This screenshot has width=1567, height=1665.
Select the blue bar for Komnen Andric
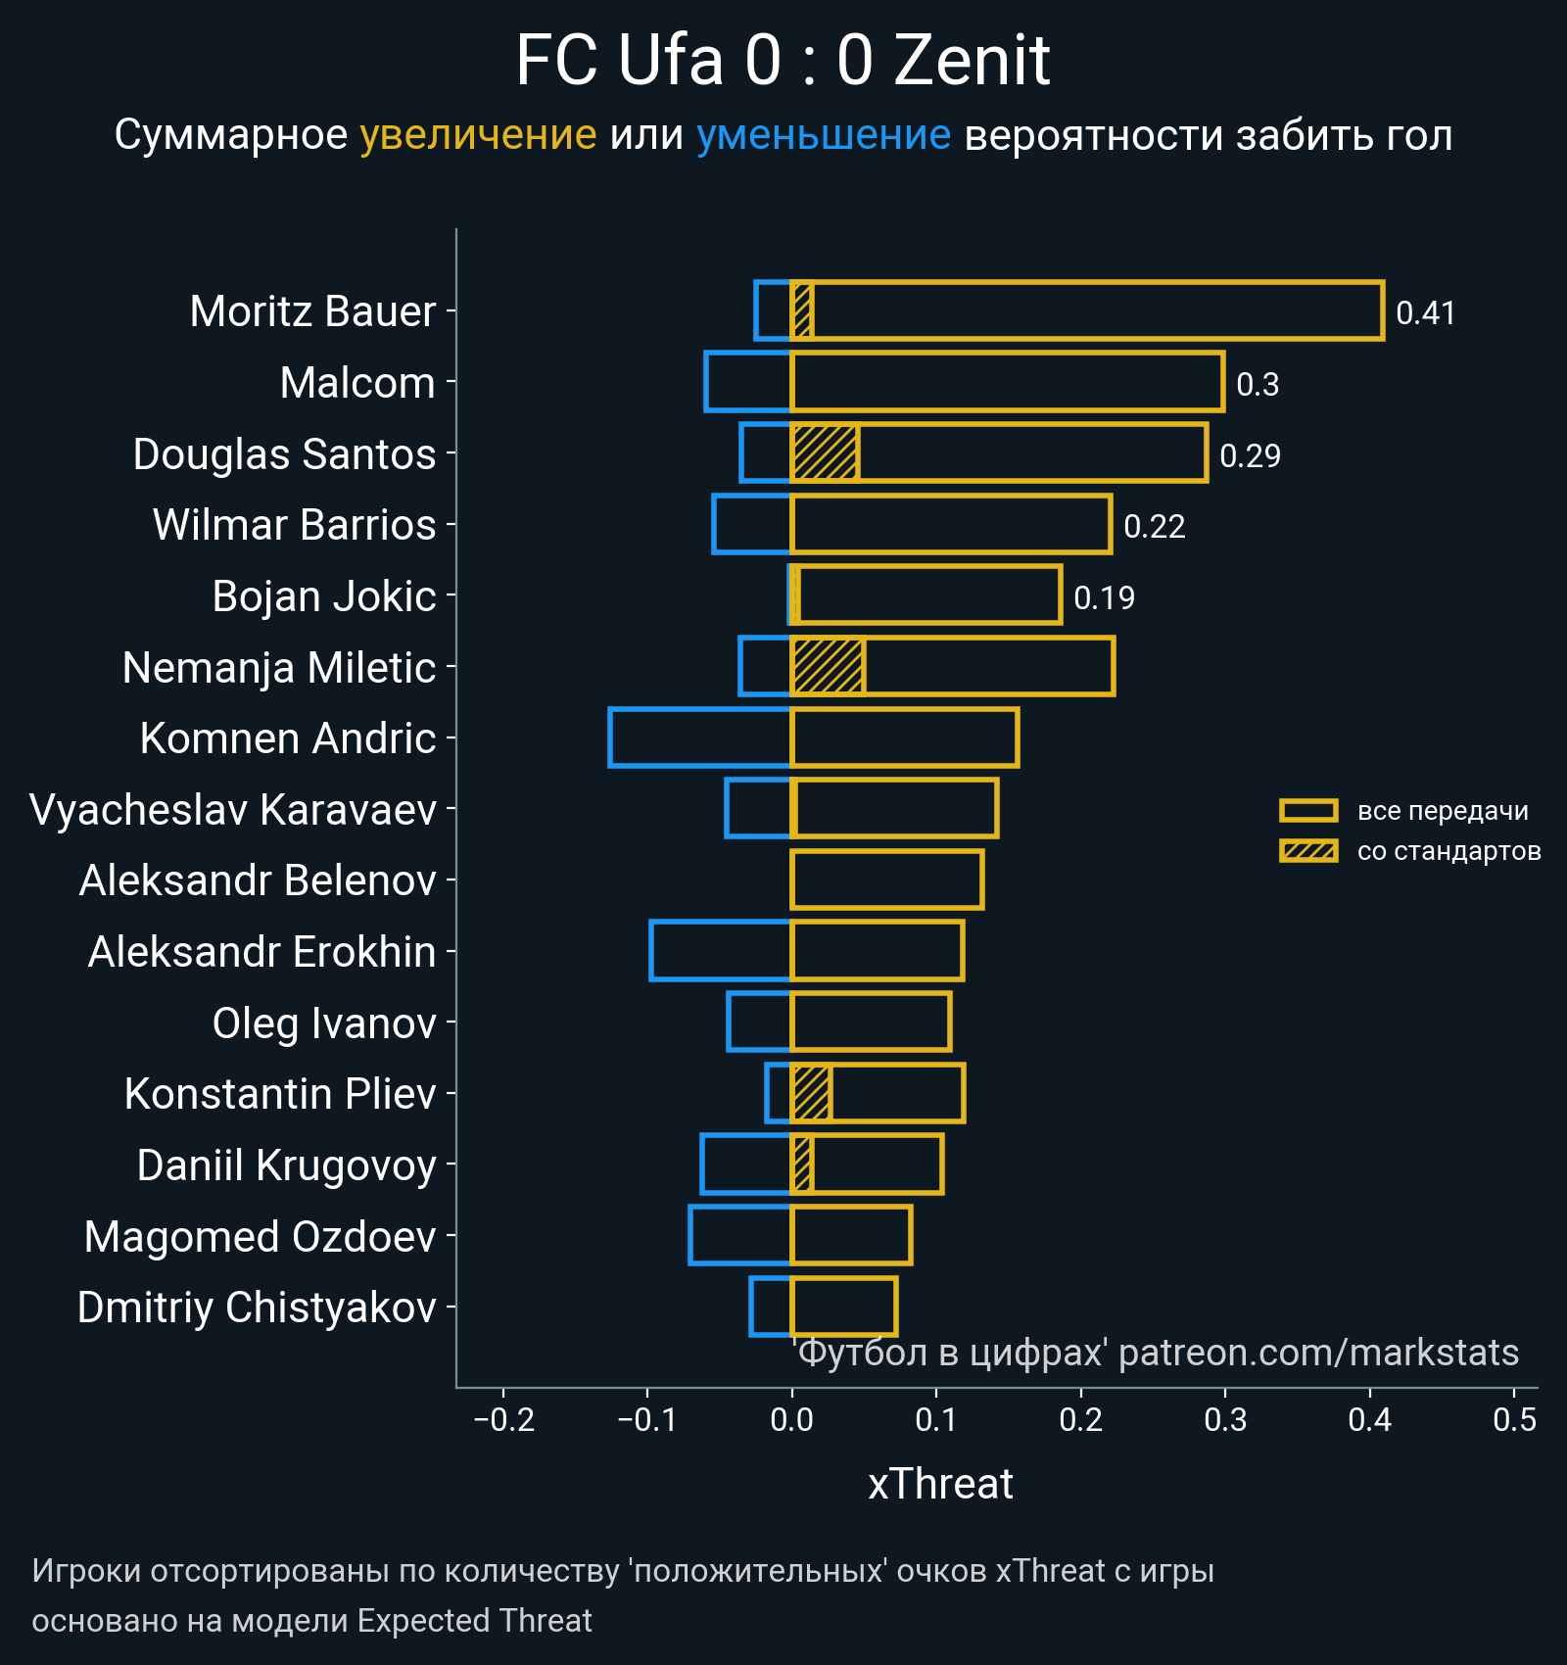pyautogui.click(x=699, y=737)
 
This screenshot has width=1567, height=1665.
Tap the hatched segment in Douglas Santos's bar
pyautogui.click(x=825, y=453)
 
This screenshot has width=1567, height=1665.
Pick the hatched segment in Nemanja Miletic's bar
pyautogui.click(x=828, y=667)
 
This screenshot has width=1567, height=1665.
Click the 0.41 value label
pyautogui.click(x=1425, y=313)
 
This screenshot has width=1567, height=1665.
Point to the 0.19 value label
pyautogui.click(x=1104, y=597)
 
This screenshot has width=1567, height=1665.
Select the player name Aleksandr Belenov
pyautogui.click(x=258, y=880)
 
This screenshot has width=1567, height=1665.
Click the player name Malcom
pyautogui.click(x=357, y=383)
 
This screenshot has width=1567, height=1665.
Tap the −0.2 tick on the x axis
pyautogui.click(x=503, y=1419)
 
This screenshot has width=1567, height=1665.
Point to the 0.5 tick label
pyautogui.click(x=1514, y=1419)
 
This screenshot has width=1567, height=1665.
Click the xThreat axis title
pyautogui.click(x=940, y=1484)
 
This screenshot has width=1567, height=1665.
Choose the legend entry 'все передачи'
pyautogui.click(x=1442, y=811)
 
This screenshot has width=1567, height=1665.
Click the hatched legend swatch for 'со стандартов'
pyautogui.click(x=1308, y=851)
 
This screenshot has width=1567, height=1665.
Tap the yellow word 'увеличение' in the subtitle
pyautogui.click(x=478, y=135)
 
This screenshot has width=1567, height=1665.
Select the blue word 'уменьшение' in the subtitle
pyautogui.click(x=823, y=135)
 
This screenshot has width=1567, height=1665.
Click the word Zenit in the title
pyautogui.click(x=972, y=61)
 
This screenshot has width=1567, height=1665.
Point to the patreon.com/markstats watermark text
pyautogui.click(x=1318, y=1353)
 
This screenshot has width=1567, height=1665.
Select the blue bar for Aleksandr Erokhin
pyautogui.click(x=720, y=951)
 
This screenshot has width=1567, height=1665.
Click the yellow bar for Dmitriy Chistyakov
pyautogui.click(x=844, y=1307)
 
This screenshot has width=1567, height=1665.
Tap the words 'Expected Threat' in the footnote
pyautogui.click(x=474, y=1621)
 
